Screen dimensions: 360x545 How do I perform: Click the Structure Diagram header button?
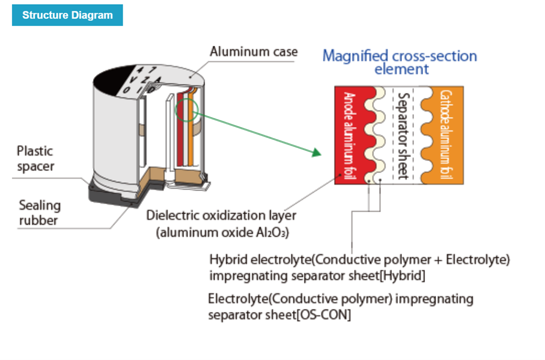(67, 15)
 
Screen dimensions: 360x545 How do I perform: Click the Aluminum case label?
(253, 52)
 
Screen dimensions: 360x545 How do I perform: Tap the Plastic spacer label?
(35, 159)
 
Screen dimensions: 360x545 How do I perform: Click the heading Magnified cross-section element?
(400, 62)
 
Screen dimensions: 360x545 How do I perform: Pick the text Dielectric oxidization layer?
(221, 215)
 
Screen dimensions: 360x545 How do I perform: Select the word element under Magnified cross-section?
(401, 69)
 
